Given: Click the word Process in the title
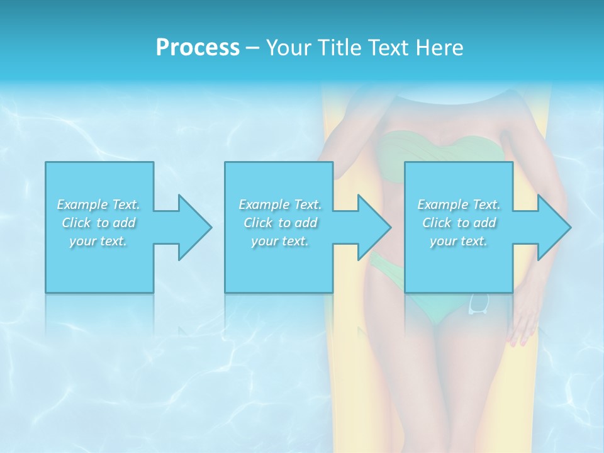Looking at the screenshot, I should tap(198, 48).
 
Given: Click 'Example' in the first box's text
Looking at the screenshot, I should tap(82, 204).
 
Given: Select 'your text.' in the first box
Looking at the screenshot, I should tap(98, 241).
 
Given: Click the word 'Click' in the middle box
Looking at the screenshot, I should tap(257, 223).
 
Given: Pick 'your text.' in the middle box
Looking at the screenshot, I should tap(279, 241).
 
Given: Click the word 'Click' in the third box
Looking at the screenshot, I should tap(436, 223).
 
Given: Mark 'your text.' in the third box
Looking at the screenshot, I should tap(459, 241).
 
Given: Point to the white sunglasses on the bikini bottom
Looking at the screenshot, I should tap(479, 303).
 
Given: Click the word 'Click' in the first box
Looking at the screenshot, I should tap(75, 223).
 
